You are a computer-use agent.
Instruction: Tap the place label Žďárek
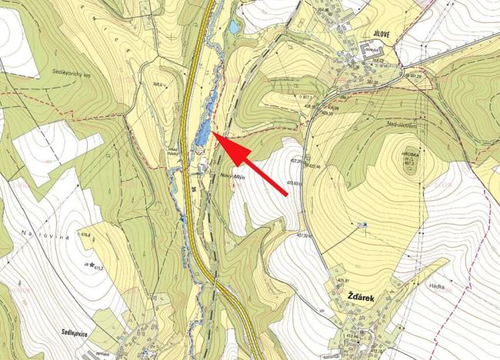tap(362, 297)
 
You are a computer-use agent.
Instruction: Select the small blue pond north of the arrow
tap(234, 28)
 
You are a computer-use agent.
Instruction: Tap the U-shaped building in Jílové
tap(365, 51)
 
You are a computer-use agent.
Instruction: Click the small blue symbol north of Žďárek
tap(365, 225)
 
